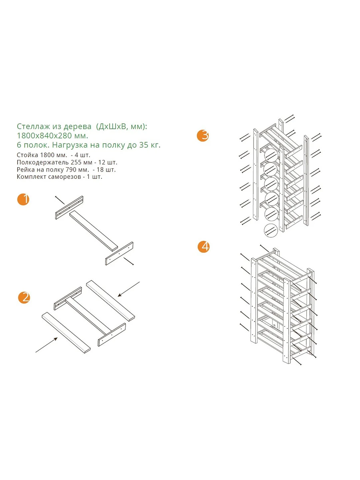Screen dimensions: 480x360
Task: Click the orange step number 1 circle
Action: [24, 199]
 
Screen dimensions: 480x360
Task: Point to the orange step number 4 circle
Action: [204, 247]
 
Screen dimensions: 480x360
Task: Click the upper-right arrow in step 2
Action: [129, 289]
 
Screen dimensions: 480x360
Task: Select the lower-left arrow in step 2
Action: [46, 345]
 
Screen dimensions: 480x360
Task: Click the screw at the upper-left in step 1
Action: [60, 200]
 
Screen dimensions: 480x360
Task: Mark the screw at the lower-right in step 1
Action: [128, 262]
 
